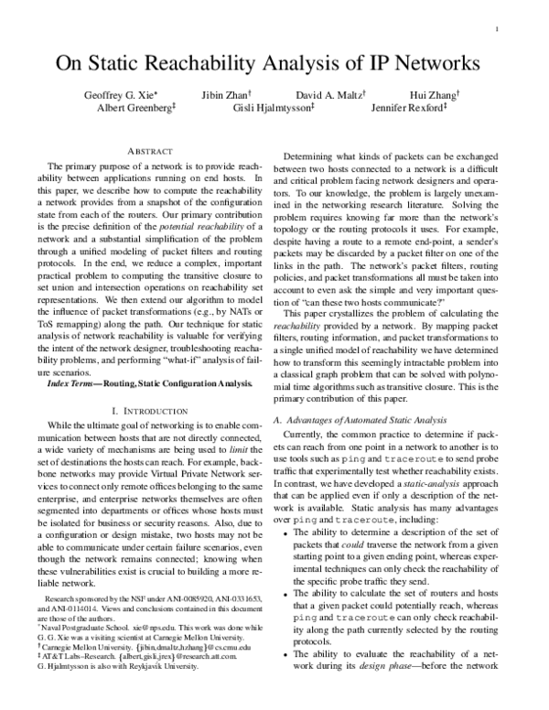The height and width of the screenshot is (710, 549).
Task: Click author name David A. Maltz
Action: click(x=328, y=94)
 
